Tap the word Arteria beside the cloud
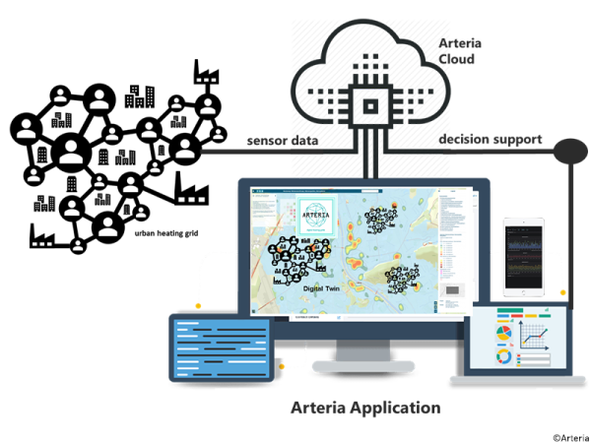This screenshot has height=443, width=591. coord(460,43)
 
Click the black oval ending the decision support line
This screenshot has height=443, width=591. coord(570,152)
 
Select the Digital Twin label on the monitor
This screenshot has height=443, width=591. coord(325,288)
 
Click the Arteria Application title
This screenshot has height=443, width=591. coord(365,407)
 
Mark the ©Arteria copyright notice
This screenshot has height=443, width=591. coord(568,436)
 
